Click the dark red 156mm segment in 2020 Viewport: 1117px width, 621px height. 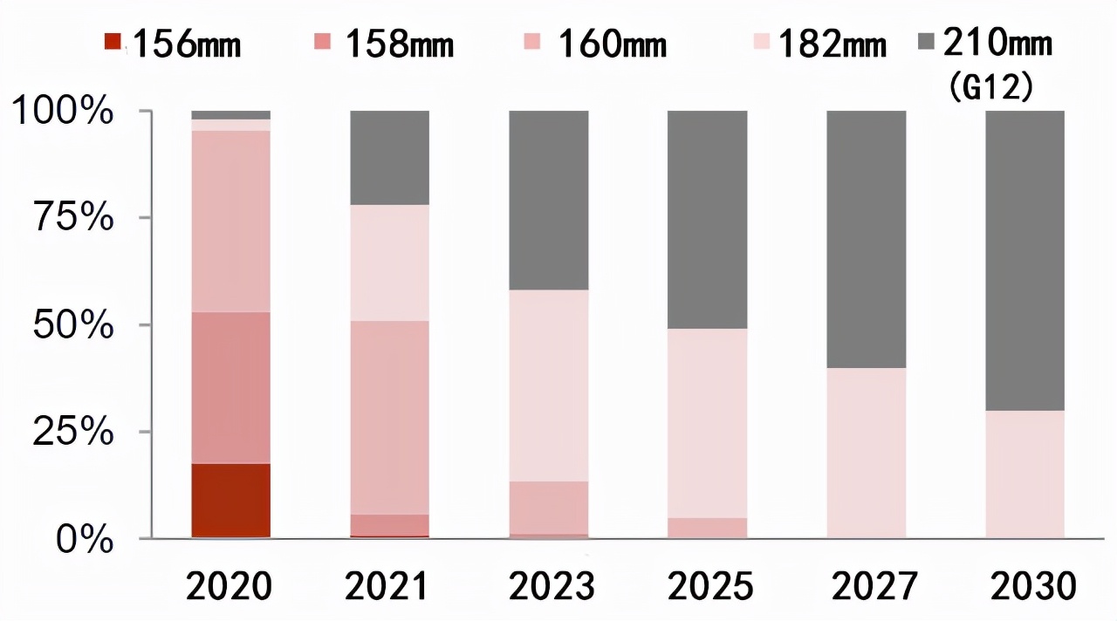coord(230,501)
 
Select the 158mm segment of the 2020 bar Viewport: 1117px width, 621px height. coord(230,387)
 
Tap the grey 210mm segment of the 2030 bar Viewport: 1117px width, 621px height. coord(1024,260)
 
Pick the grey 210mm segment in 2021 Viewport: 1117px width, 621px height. coord(389,158)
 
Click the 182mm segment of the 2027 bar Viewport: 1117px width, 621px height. coord(866,452)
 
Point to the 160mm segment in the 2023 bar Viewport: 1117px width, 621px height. coord(548,508)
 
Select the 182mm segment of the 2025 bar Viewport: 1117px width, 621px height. coord(707,423)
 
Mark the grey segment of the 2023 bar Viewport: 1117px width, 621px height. coord(548,200)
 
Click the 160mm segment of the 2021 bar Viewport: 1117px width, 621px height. coord(389,417)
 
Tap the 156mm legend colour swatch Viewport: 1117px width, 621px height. coord(113,41)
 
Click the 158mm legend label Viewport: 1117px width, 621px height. coord(400,44)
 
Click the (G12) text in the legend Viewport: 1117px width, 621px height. coord(991,87)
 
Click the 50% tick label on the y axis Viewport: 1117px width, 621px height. coord(73,325)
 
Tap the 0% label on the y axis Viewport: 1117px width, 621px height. coord(85,540)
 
